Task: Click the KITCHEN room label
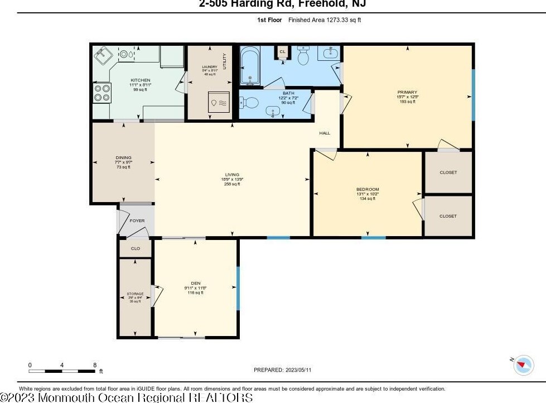[141, 80]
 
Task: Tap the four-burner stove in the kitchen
[103, 92]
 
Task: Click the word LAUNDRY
[210, 67]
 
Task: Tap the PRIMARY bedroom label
[407, 92]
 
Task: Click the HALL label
[325, 133]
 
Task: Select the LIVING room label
[231, 174]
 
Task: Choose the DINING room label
[123, 157]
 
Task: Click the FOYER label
[137, 220]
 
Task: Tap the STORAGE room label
[135, 294]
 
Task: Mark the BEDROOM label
[368, 189]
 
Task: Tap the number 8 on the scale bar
[95, 364]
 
